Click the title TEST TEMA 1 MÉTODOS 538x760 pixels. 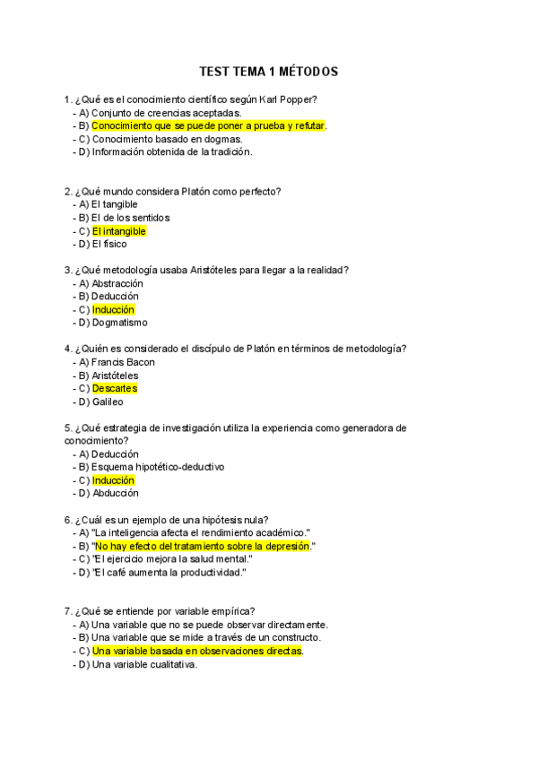coord(268,72)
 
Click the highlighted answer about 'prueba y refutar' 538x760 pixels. coord(208,126)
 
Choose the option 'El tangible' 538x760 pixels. coord(114,204)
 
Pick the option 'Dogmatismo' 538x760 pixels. coord(119,323)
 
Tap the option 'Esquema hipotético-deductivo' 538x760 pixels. coord(157,467)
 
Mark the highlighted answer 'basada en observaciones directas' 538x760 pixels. coord(197,651)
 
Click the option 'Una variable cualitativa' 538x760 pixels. coord(143,664)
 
